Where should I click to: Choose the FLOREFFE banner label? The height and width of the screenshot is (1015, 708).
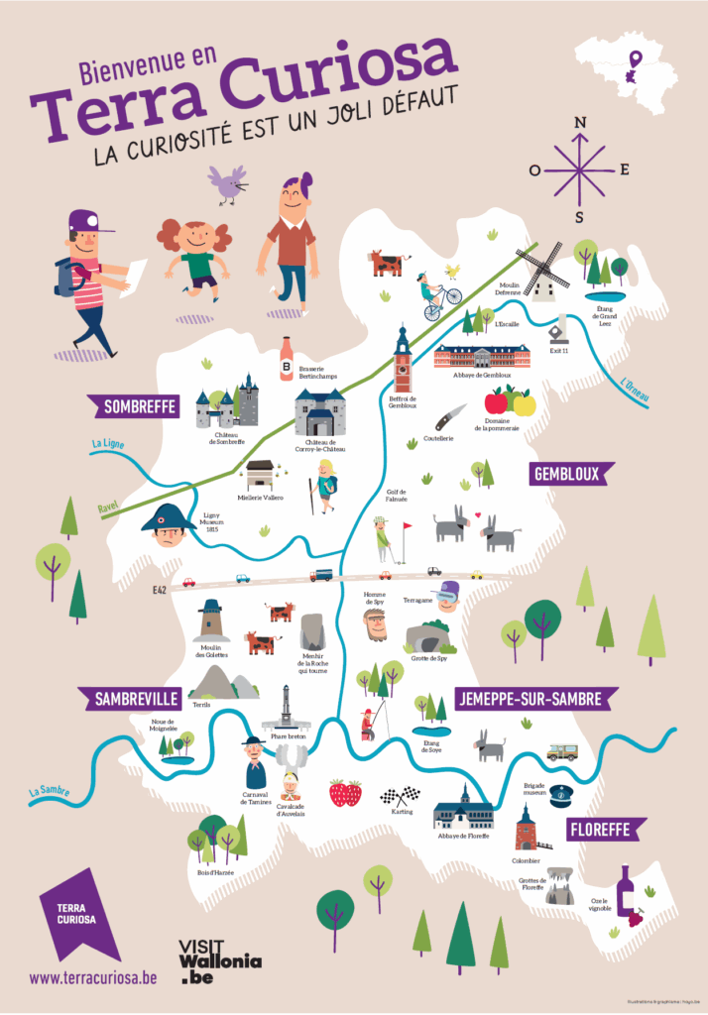point(606,829)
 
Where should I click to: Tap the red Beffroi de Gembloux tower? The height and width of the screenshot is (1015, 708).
point(402,359)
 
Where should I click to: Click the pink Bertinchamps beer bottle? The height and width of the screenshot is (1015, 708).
point(287,359)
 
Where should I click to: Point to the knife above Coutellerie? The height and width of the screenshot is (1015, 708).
point(448,417)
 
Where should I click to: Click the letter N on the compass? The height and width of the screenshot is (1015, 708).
point(581,123)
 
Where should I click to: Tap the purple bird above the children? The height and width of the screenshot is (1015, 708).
point(228,182)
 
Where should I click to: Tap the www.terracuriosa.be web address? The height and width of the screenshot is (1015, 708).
point(93,977)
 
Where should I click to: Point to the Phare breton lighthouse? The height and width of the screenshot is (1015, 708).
point(287,710)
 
